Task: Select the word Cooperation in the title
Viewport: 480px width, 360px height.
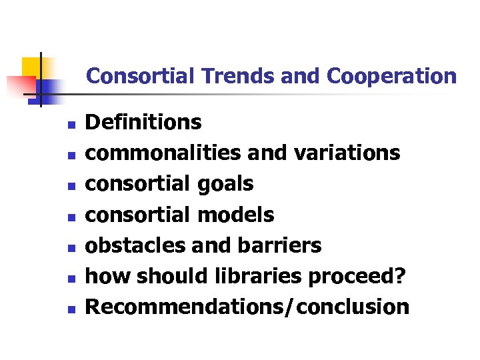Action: (392, 76)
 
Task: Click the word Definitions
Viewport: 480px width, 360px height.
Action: (144, 122)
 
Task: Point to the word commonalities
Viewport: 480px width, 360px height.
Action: (164, 153)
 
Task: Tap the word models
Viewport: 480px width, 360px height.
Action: (236, 215)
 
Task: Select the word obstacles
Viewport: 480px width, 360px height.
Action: (136, 245)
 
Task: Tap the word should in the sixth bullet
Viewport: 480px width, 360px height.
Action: (155, 276)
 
